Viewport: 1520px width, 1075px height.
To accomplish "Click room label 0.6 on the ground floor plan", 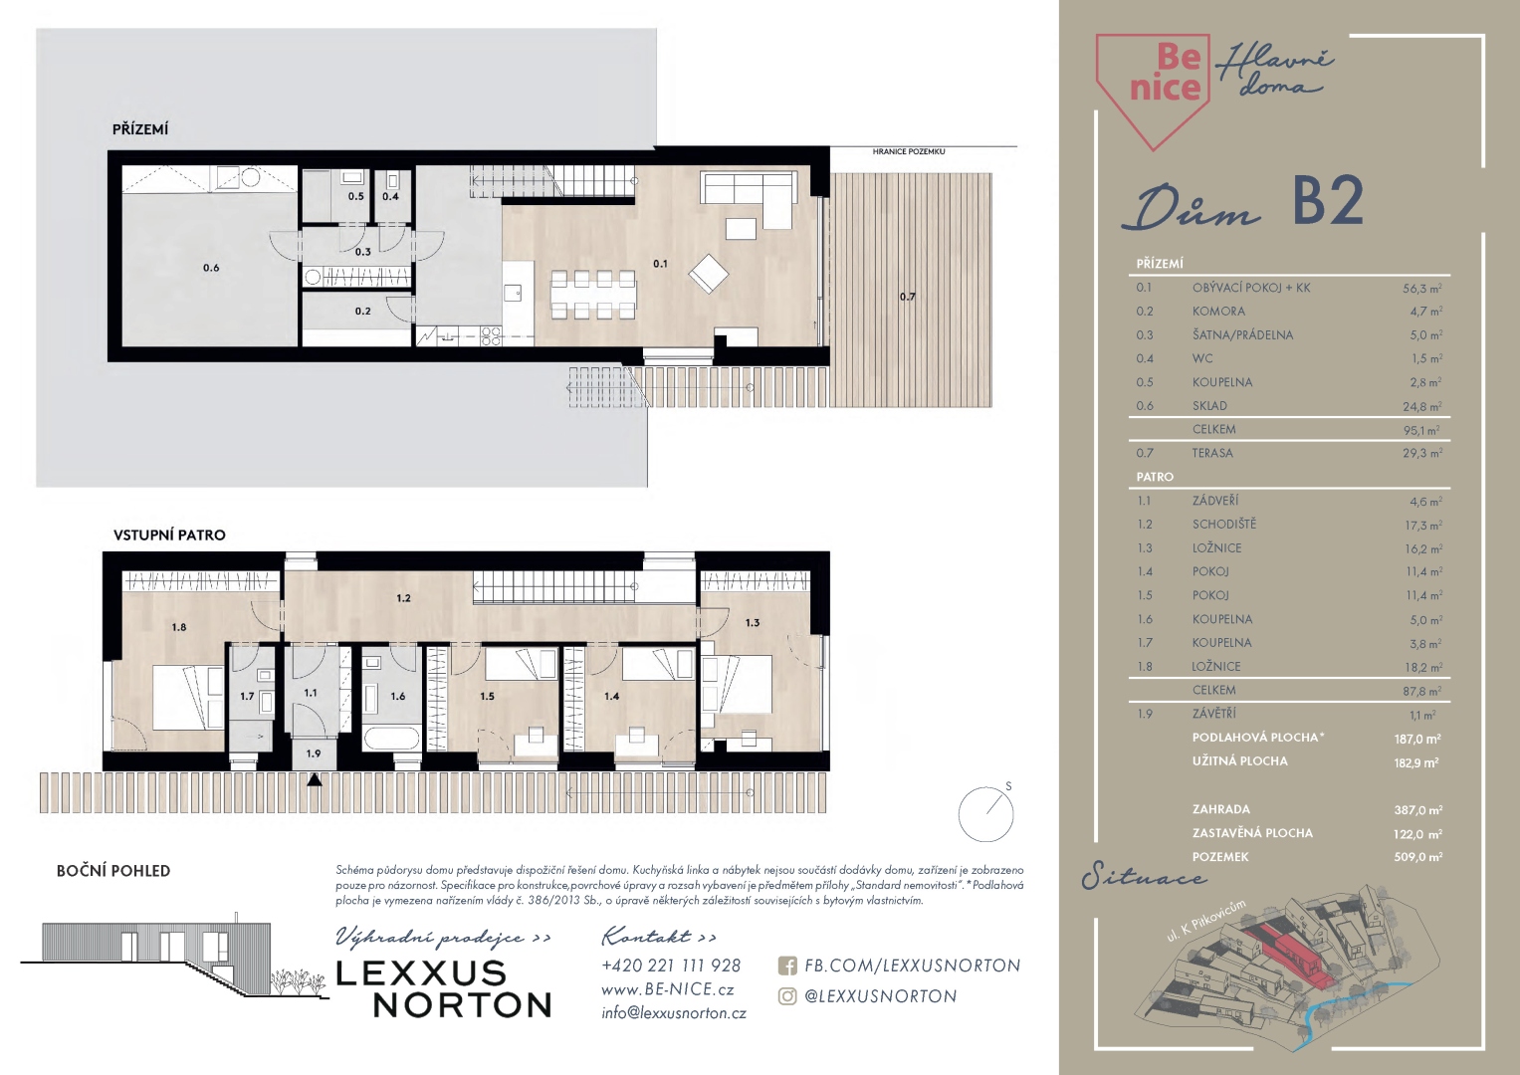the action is tap(211, 268).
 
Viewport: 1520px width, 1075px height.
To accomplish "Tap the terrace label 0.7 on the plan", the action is tap(907, 297).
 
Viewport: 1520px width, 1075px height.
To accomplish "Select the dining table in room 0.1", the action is tap(593, 295).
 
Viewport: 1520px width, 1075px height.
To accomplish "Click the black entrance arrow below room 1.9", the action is tap(314, 779).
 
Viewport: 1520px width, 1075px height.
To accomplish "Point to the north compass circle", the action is tap(985, 814).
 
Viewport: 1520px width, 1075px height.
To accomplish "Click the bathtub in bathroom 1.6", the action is tap(391, 738).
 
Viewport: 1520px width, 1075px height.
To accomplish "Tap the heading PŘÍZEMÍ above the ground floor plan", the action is tap(140, 129).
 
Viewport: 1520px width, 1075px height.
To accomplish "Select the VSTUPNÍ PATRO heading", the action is tap(169, 535).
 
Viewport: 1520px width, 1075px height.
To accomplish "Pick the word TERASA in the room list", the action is tap(1212, 453).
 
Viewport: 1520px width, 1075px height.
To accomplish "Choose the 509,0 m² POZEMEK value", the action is tap(1418, 857).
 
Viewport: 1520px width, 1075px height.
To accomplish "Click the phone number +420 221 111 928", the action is tap(671, 966).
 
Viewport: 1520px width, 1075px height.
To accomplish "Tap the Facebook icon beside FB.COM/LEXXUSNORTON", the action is tap(787, 966).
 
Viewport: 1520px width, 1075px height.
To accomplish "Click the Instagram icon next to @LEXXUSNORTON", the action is tap(787, 996).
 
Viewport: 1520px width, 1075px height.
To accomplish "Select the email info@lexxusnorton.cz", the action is tap(674, 1013).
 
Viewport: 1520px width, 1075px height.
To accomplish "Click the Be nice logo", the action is tap(1154, 89).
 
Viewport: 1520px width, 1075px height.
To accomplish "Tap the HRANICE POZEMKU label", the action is tap(909, 152).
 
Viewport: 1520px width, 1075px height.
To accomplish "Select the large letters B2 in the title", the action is tap(1328, 201).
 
